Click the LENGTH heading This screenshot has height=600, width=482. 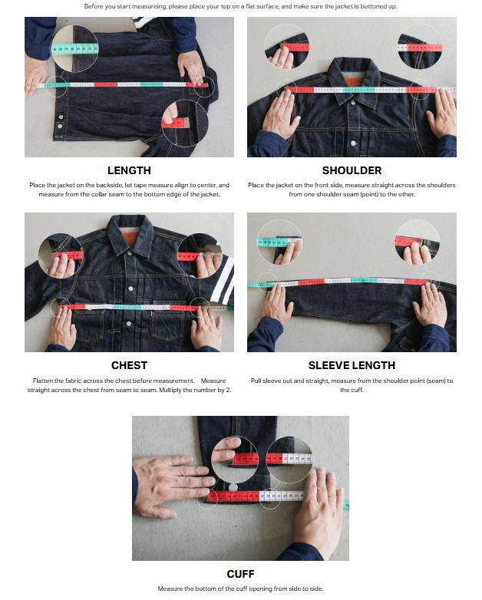click(129, 170)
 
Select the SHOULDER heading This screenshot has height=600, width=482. click(352, 170)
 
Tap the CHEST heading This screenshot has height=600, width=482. click(129, 365)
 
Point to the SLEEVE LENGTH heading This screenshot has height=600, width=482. click(352, 365)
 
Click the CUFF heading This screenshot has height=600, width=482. click(240, 574)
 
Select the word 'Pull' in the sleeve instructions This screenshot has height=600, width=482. click(256, 381)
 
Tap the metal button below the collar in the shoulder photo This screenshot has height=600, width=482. click(353, 143)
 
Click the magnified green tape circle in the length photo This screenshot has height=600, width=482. click(75, 48)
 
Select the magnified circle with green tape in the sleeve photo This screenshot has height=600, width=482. click(279, 242)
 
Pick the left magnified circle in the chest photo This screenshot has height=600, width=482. click(60, 255)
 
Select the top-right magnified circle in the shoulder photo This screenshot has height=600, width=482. click(420, 48)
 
